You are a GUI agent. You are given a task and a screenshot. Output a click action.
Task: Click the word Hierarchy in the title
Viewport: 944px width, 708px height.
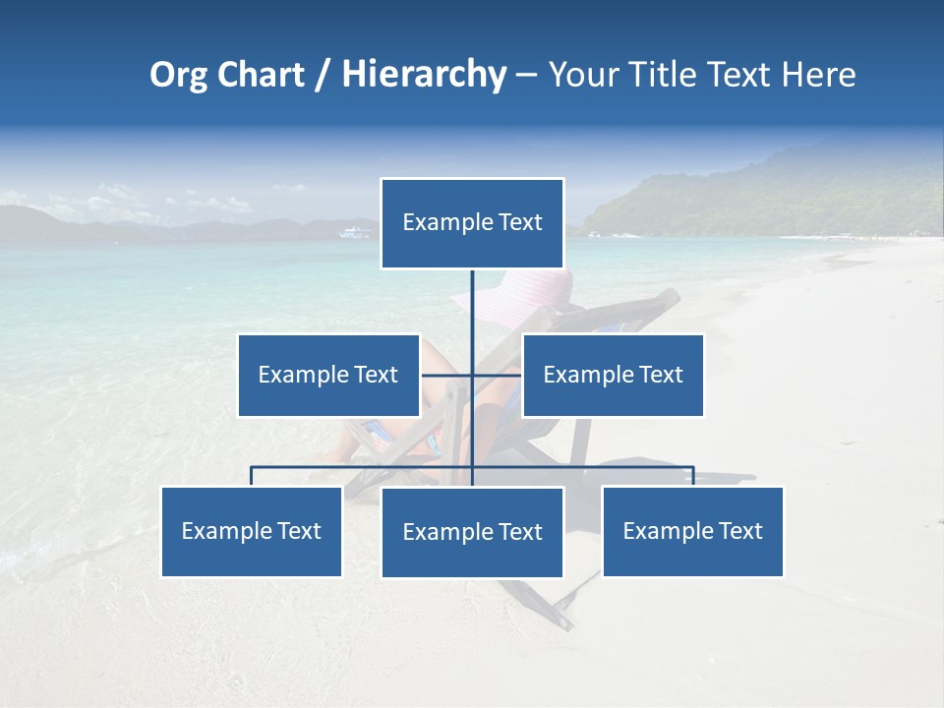coord(424,75)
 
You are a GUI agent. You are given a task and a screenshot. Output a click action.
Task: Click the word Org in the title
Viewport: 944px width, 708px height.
coord(180,75)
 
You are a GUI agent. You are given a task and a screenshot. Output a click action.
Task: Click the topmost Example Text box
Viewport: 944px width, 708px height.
coord(472,223)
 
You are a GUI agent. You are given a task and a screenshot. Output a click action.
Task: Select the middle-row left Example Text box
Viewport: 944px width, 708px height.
coord(327,375)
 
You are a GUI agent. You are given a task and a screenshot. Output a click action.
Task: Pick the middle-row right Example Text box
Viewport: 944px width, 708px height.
coord(613,375)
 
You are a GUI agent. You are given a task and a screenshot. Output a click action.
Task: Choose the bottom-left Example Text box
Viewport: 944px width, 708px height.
coord(251,531)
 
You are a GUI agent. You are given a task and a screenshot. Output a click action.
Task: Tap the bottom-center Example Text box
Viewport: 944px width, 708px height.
coord(472,532)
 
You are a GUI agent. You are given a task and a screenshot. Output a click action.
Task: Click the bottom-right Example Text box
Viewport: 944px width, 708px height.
coord(692,531)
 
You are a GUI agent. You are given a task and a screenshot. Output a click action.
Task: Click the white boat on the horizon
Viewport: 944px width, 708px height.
coord(355,233)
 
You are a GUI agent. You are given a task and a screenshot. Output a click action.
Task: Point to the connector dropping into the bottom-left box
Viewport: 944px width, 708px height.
coord(251,476)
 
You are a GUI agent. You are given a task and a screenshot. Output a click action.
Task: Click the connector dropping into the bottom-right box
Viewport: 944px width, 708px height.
coord(693,476)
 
